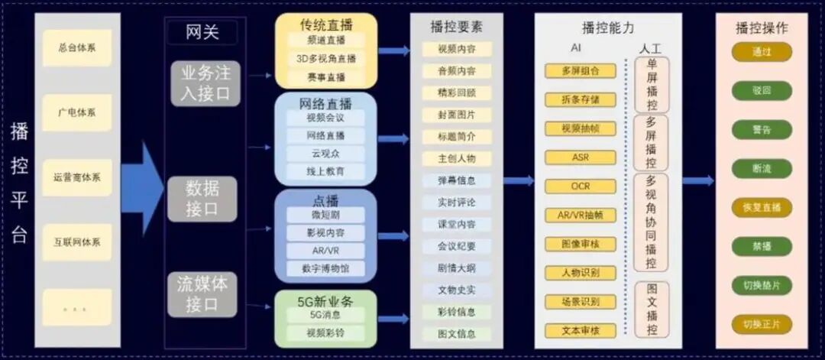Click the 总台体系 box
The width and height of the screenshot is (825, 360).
pyautogui.click(x=77, y=47)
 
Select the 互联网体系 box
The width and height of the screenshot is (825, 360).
pyautogui.click(x=77, y=242)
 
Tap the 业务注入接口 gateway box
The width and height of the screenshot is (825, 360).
pyautogui.click(x=205, y=83)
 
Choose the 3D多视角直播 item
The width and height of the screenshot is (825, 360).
pyautogui.click(x=326, y=58)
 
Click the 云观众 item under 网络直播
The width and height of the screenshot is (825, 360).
pyautogui.click(x=326, y=154)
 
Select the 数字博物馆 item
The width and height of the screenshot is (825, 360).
pyautogui.click(x=326, y=268)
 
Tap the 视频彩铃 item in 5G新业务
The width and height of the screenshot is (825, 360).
pyautogui.click(x=326, y=333)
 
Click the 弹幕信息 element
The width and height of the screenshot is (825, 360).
pyautogui.click(x=457, y=181)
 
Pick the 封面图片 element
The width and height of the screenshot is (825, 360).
pyautogui.click(x=457, y=115)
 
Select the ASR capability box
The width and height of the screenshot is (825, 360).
pyautogui.click(x=581, y=157)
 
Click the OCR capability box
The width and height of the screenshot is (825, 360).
pyautogui.click(x=581, y=186)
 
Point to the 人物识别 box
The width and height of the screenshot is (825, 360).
pyautogui.click(x=581, y=273)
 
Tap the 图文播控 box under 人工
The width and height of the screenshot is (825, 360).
pyautogui.click(x=652, y=310)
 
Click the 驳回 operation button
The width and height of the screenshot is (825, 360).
pyautogui.click(x=762, y=89)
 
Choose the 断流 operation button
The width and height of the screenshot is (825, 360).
pyautogui.click(x=762, y=167)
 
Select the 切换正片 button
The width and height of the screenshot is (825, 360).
pyautogui.click(x=762, y=323)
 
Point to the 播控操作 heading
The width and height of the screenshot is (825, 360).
pyautogui.click(x=762, y=28)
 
